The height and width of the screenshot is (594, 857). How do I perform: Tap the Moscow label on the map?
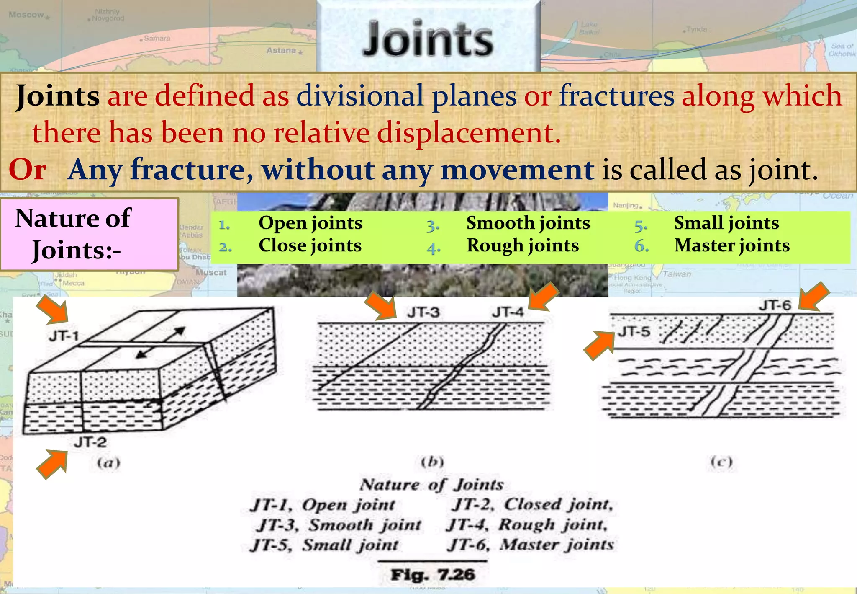click(26, 15)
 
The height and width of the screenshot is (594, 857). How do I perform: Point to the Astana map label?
click(282, 50)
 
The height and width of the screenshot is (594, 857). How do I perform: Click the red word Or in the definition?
click(28, 170)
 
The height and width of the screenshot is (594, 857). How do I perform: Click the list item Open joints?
click(310, 223)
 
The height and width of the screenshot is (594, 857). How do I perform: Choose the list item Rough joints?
click(522, 245)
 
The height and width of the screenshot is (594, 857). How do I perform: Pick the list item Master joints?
click(731, 245)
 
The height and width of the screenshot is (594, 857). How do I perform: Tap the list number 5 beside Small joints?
click(641, 226)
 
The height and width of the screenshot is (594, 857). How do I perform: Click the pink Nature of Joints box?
click(89, 235)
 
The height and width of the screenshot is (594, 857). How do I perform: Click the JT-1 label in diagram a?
click(64, 336)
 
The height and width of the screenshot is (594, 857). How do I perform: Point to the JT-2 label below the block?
click(90, 442)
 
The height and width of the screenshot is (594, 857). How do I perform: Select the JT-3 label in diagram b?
click(423, 312)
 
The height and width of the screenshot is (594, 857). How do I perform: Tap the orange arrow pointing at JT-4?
click(543, 296)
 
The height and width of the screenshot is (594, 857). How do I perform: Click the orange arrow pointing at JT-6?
click(813, 296)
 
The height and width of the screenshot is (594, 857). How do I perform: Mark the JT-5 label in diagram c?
click(634, 332)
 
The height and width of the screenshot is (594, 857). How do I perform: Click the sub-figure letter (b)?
click(432, 462)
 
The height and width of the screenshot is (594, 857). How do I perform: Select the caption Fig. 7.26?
click(433, 574)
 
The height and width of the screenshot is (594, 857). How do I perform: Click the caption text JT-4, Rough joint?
click(526, 524)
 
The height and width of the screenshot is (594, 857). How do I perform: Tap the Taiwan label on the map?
click(677, 274)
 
